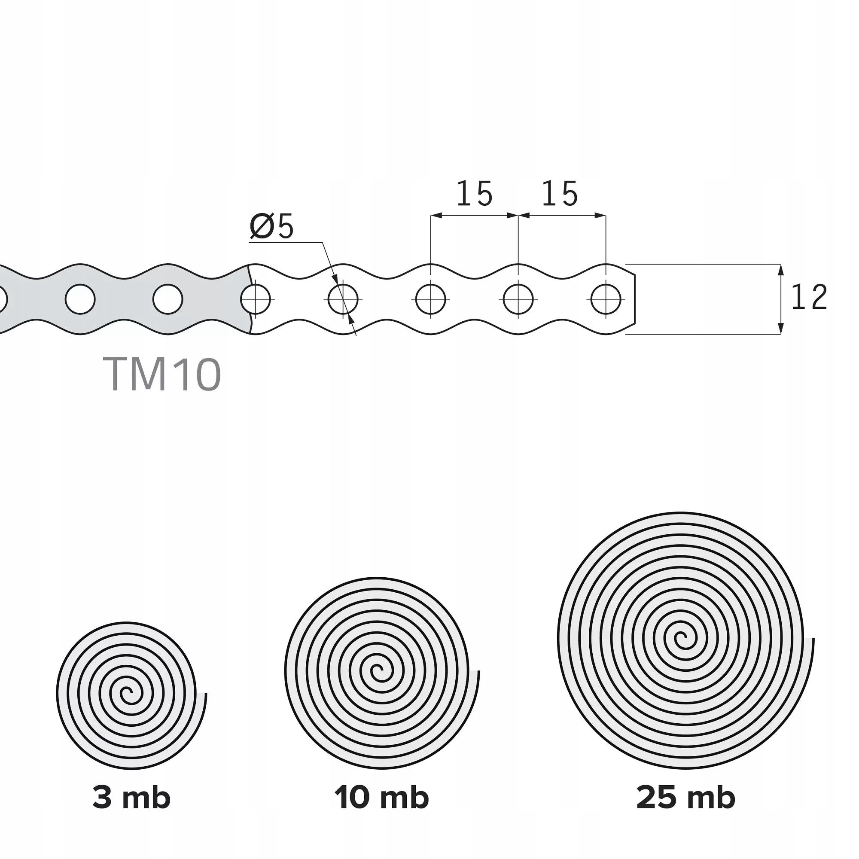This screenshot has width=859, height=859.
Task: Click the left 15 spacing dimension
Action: pyautogui.click(x=475, y=194)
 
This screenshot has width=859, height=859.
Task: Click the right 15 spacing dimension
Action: pyautogui.click(x=560, y=194)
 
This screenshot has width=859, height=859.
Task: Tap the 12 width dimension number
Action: pyautogui.click(x=809, y=298)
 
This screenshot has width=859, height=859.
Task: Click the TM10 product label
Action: pyautogui.click(x=162, y=375)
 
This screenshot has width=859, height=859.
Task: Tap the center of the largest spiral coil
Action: pyautogui.click(x=682, y=639)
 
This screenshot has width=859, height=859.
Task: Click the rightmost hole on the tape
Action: pyautogui.click(x=606, y=299)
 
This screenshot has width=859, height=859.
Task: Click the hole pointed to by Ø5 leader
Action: pyautogui.click(x=343, y=299)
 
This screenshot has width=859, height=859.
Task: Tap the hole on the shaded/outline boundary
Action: pyautogui.click(x=256, y=299)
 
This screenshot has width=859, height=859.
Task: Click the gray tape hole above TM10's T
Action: pyautogui.click(x=80, y=299)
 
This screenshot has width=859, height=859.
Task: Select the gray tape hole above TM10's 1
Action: pyautogui.click(x=168, y=299)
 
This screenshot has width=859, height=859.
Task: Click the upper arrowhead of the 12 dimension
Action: pyautogui.click(x=781, y=268)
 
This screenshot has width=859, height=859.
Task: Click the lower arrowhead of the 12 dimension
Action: pyautogui.click(x=781, y=329)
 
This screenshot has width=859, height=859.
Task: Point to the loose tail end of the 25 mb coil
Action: pyautogui.click(x=813, y=640)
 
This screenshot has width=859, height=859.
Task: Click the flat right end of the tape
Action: pyautogui.click(x=634, y=299)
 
